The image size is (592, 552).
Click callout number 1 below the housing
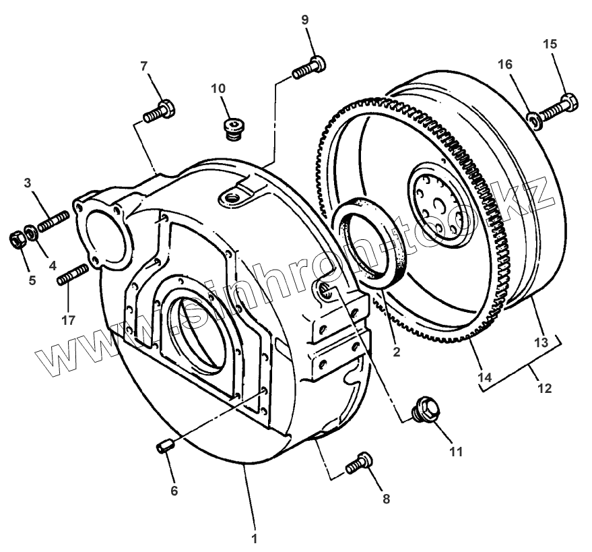(x=254, y=538)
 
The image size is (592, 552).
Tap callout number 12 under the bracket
(x=544, y=388)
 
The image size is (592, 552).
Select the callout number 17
(x=68, y=320)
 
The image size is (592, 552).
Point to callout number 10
(x=218, y=88)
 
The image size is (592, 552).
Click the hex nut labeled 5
(x=17, y=239)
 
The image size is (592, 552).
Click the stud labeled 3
(x=53, y=222)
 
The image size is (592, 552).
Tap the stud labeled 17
(x=73, y=275)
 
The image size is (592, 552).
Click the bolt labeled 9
(x=309, y=67)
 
